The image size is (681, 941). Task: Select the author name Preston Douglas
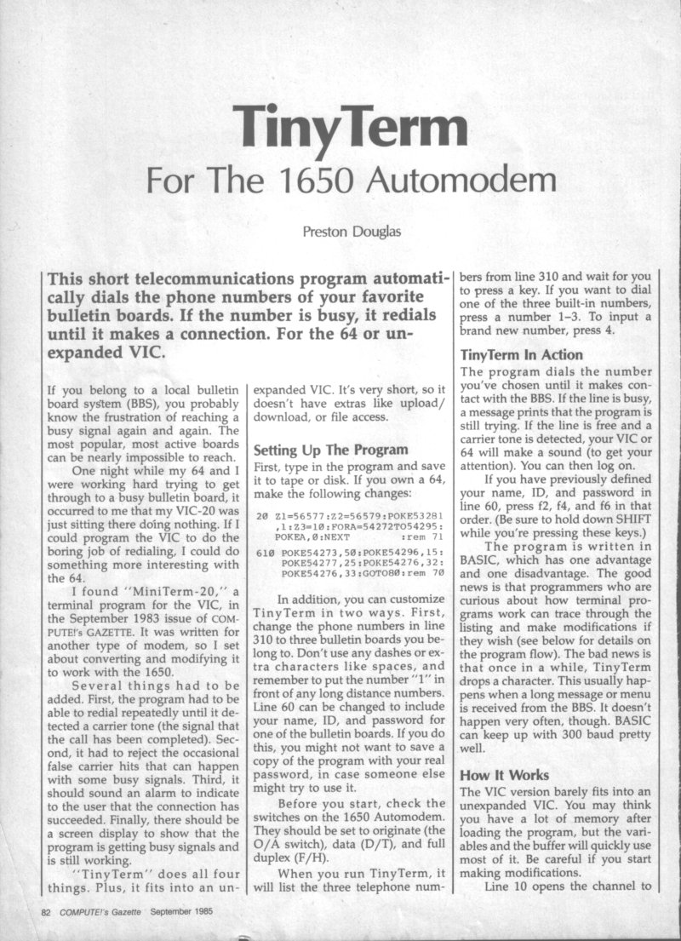point(349,230)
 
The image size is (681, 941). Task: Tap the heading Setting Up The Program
point(332,450)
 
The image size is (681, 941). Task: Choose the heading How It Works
point(504,775)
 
